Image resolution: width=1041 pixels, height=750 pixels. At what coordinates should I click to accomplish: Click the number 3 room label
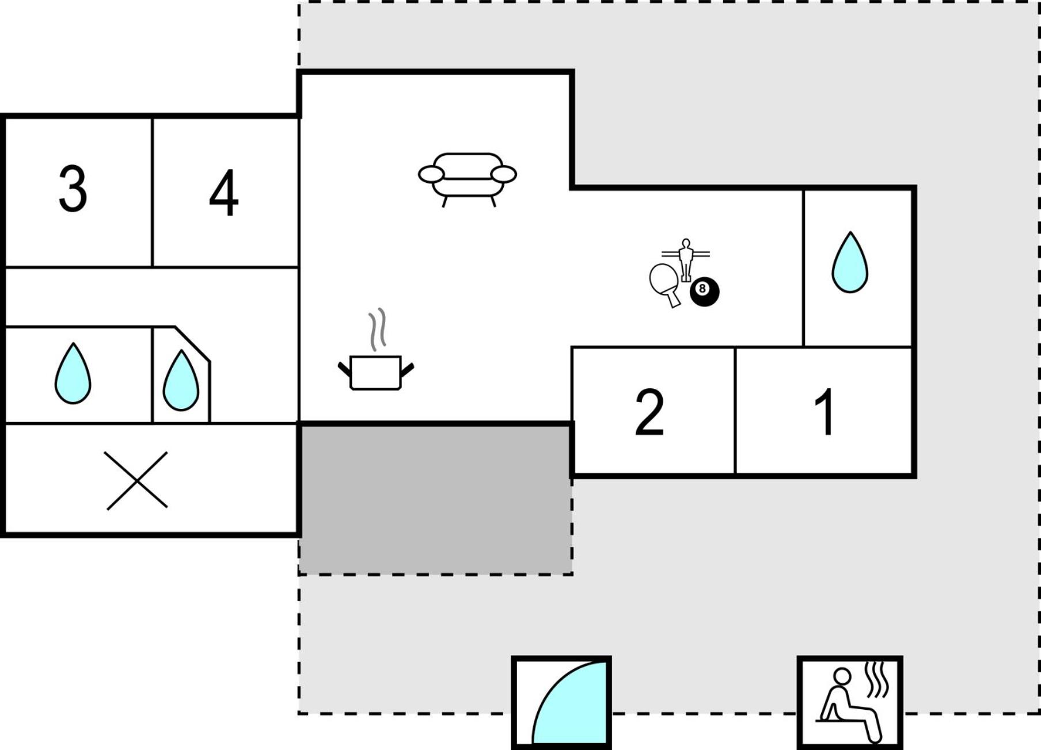click(x=73, y=189)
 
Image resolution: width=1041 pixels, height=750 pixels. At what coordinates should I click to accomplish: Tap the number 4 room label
click(x=223, y=193)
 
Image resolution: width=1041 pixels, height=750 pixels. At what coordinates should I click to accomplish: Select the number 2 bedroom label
click(x=649, y=411)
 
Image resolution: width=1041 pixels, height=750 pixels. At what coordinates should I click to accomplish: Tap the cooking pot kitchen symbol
click(x=375, y=373)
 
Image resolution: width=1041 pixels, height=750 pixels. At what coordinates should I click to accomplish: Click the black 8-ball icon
click(x=704, y=291)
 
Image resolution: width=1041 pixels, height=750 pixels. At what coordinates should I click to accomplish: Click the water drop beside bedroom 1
click(x=850, y=263)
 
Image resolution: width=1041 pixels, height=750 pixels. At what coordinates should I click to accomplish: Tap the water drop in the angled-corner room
click(x=181, y=381)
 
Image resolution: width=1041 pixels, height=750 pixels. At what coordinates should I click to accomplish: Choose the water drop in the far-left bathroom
click(x=73, y=374)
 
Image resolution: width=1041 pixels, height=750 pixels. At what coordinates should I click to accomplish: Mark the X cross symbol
click(x=136, y=480)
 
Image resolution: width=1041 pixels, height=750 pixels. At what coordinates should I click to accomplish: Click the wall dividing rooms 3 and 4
click(x=153, y=193)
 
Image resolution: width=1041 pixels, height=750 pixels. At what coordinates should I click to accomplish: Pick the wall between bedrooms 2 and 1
click(x=736, y=411)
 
